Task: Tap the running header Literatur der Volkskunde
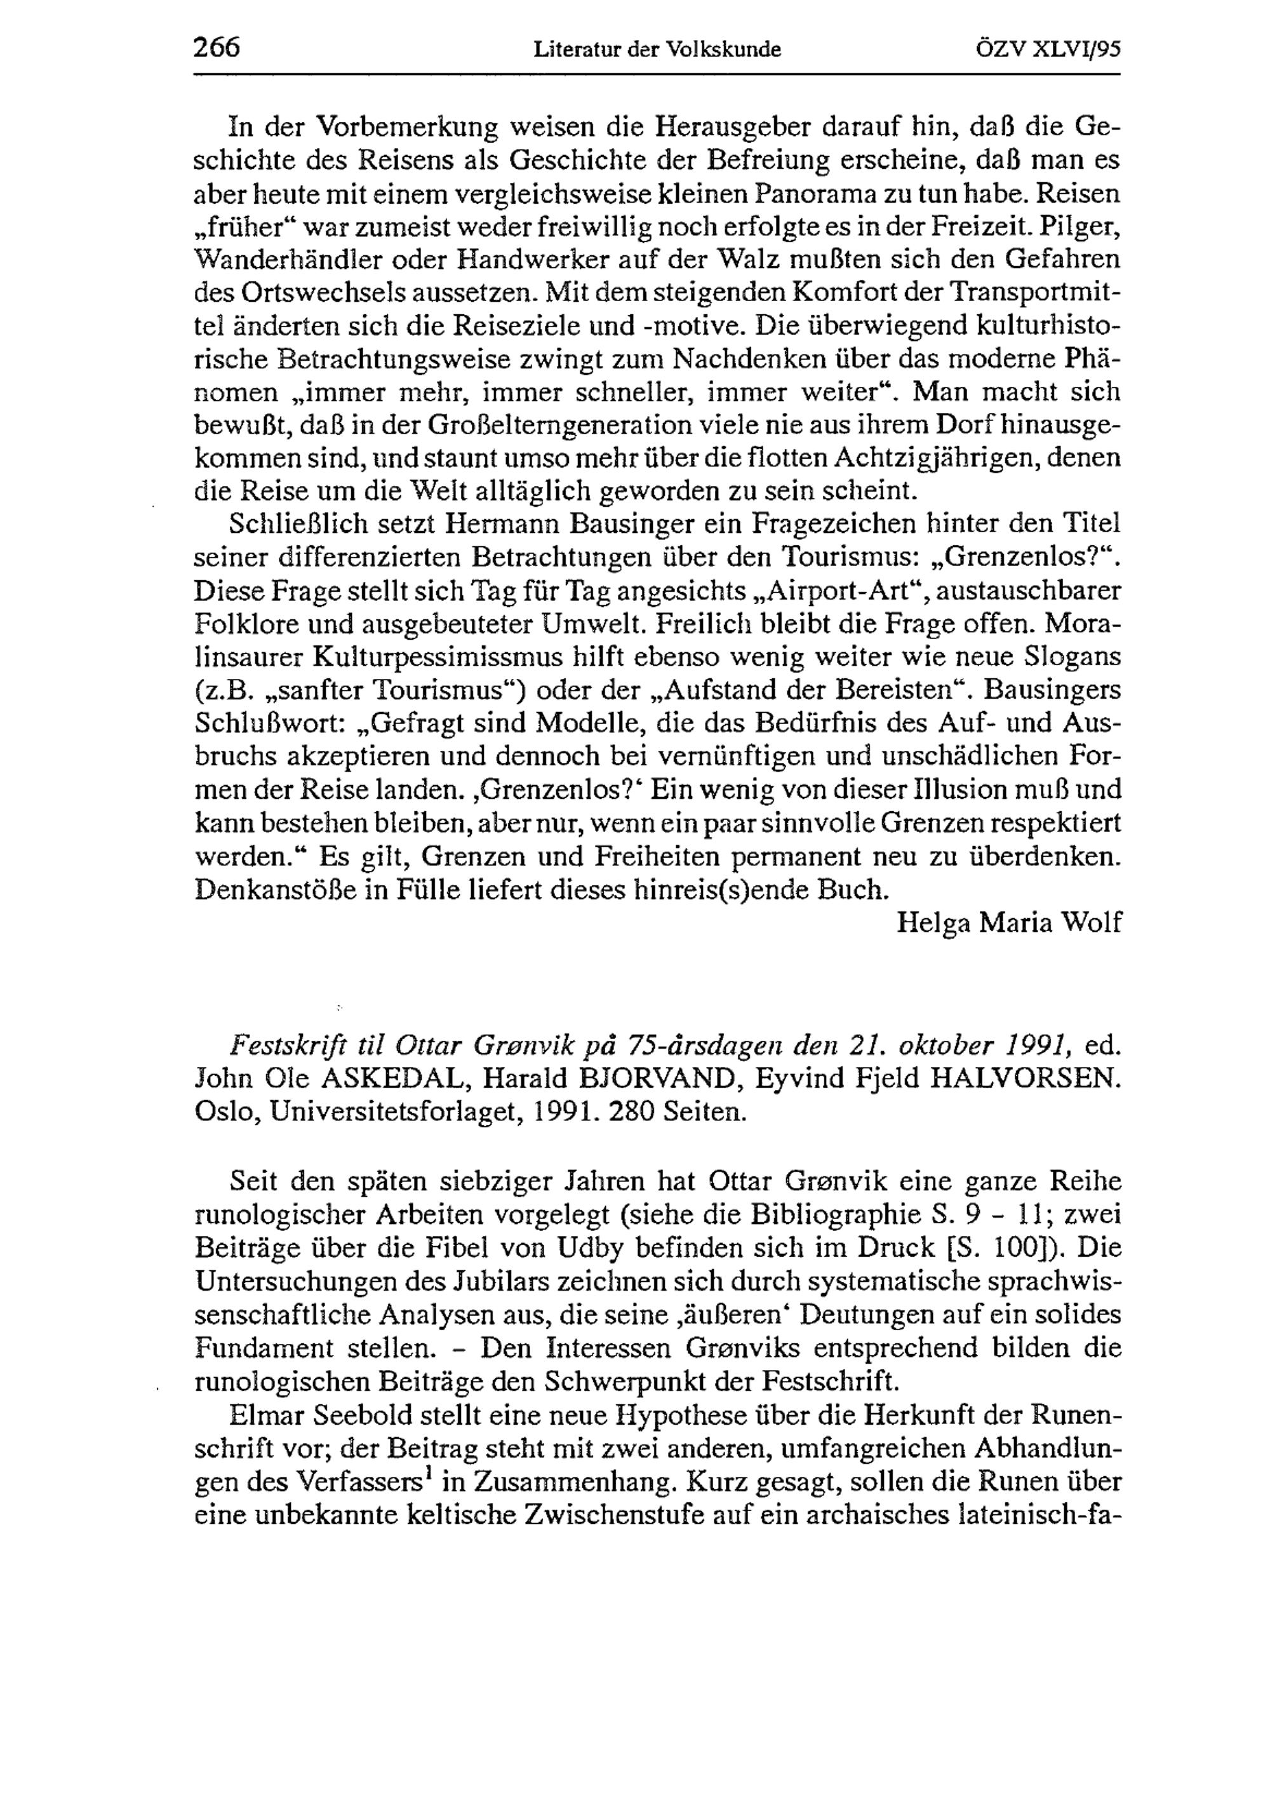coord(657,50)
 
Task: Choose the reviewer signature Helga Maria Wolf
coord(1009,923)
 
